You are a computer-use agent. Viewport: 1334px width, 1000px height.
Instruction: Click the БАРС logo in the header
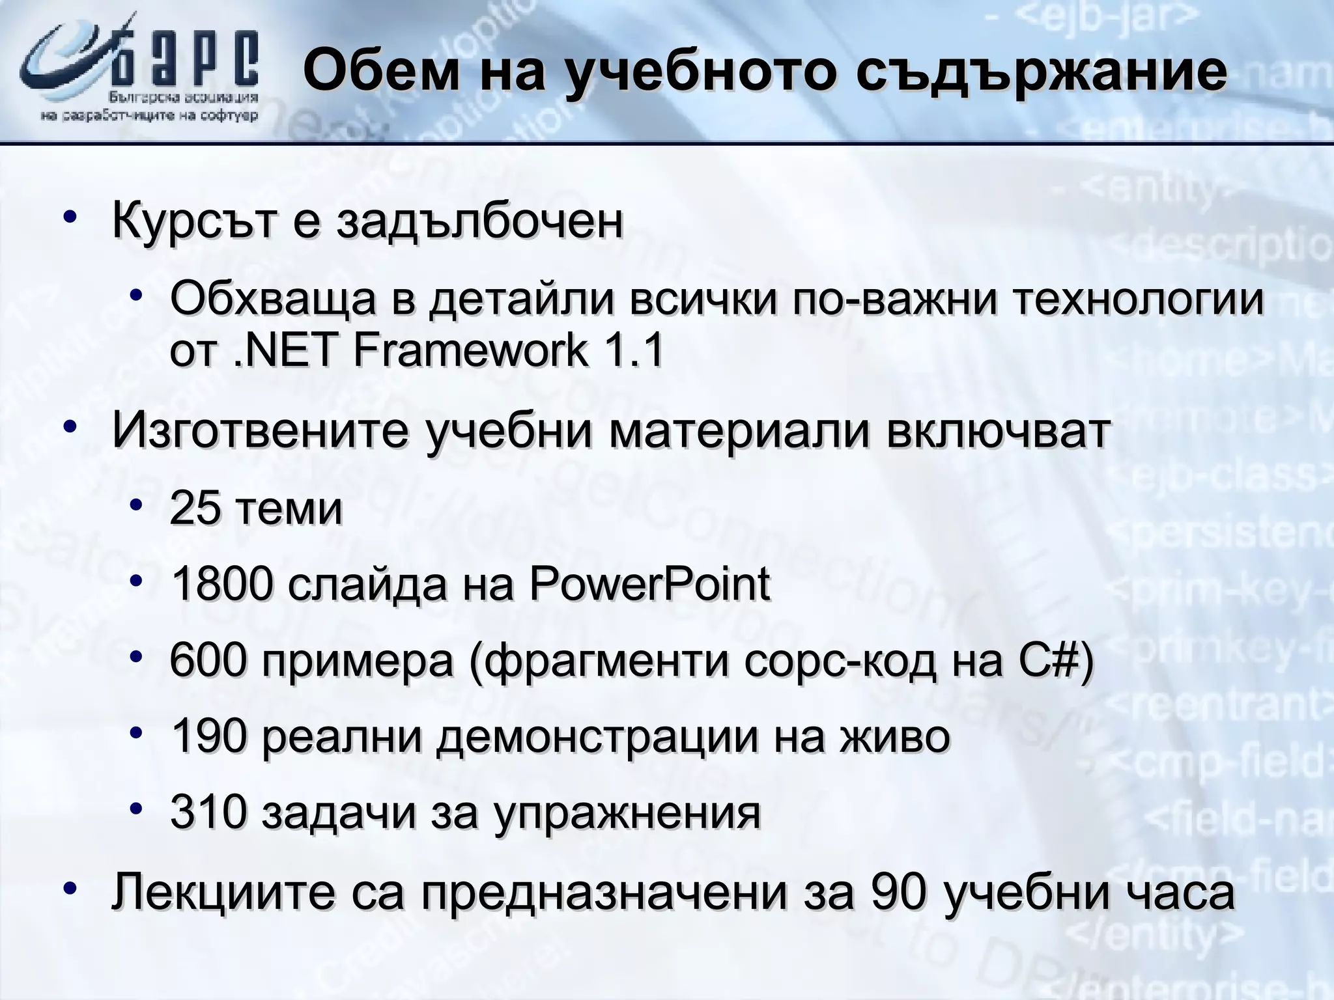140,72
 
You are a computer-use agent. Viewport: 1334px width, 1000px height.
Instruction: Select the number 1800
221,584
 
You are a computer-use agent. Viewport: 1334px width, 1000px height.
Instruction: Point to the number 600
208,660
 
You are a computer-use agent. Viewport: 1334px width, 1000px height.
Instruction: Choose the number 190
208,736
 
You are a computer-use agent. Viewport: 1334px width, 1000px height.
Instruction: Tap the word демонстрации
597,738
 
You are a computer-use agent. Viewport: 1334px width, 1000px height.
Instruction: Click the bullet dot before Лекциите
71,889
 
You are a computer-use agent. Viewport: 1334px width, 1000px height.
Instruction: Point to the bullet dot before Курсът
71,217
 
